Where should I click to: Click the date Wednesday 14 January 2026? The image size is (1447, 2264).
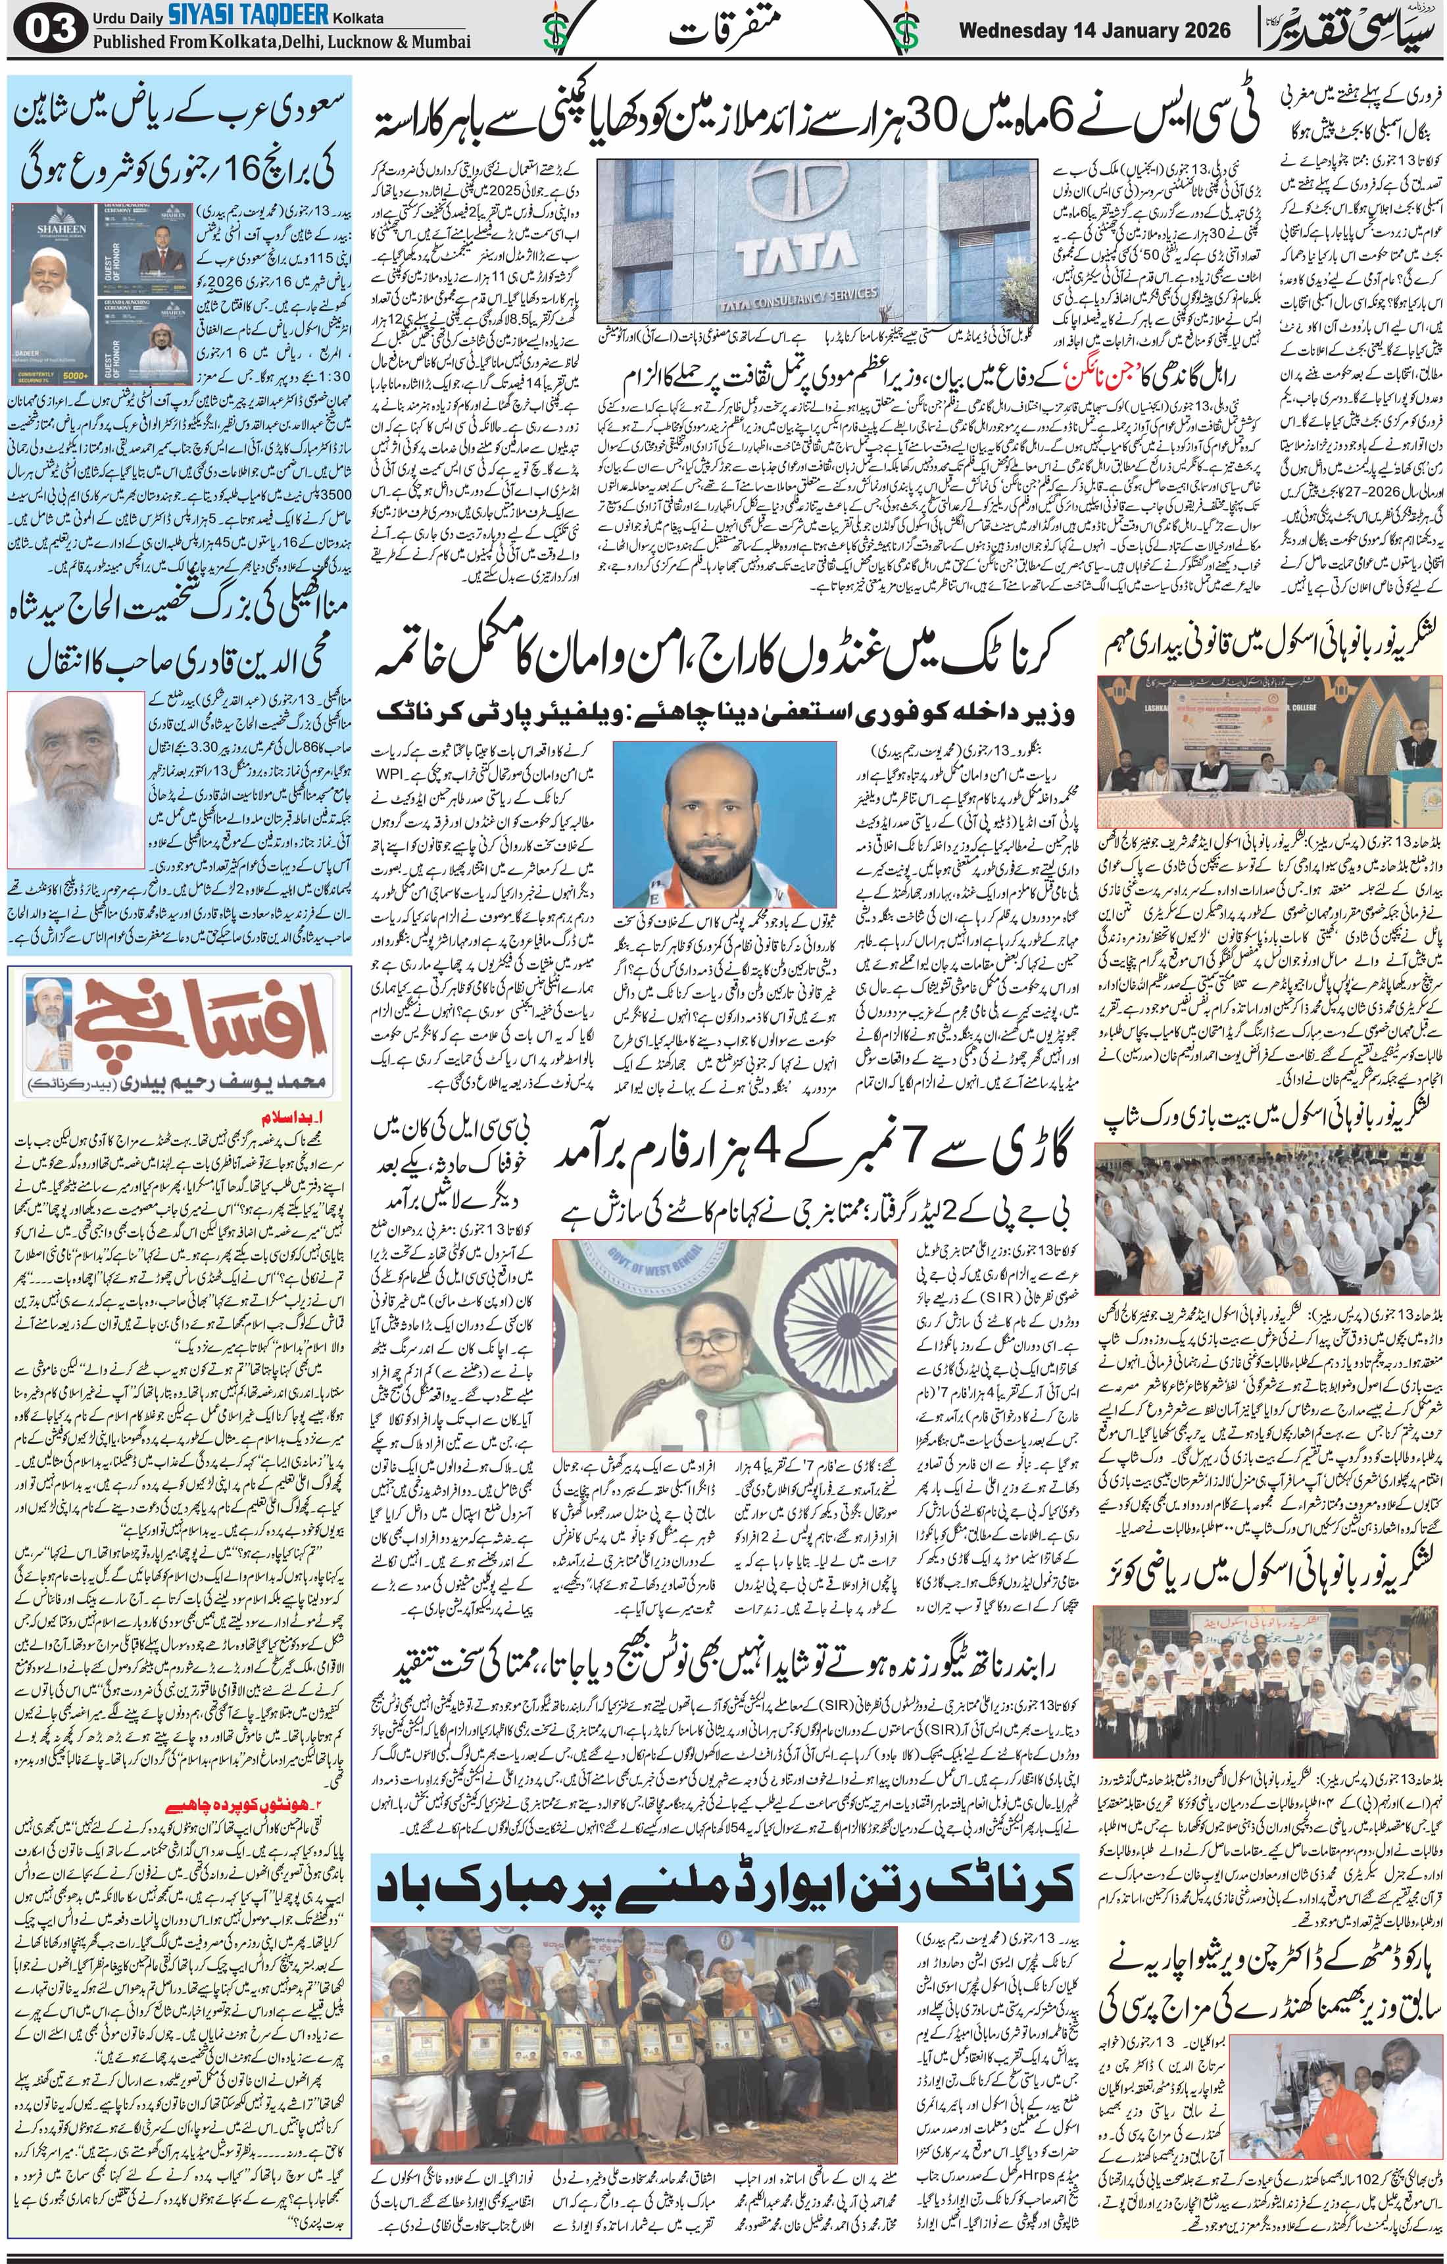point(1094,30)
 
